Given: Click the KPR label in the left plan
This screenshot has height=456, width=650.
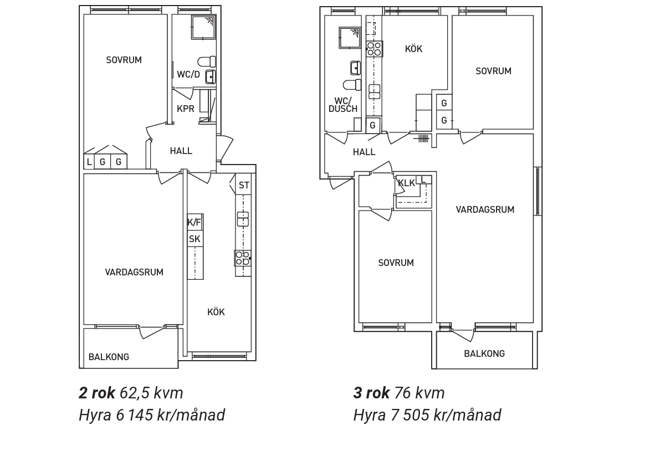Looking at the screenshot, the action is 185,109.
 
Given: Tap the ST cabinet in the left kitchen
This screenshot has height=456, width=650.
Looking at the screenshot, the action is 244,185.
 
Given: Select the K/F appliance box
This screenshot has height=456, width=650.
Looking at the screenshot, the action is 195,223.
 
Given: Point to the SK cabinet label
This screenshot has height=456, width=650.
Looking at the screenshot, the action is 195,239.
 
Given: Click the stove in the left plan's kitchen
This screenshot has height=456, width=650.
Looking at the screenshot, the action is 243,258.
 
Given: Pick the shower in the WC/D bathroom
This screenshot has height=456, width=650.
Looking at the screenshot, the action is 203,27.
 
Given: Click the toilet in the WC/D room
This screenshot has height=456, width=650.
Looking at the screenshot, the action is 207,62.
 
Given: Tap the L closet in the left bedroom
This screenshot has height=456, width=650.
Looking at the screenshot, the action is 89,162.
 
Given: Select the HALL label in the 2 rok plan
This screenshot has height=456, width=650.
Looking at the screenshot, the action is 181,151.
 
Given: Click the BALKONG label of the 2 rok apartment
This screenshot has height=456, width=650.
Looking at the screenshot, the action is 109,357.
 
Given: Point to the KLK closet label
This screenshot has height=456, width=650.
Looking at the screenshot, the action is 406,183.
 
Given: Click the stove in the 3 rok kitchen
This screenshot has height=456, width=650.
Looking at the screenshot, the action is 375,49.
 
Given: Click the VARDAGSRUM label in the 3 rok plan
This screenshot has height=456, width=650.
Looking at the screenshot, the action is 485,210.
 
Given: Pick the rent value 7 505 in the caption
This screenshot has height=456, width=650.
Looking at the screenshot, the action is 408,415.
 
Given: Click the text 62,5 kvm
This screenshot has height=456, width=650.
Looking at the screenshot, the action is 151,393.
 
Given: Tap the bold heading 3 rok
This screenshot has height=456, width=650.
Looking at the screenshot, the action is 371,393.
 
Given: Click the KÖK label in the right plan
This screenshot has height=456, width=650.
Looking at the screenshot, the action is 414,49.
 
